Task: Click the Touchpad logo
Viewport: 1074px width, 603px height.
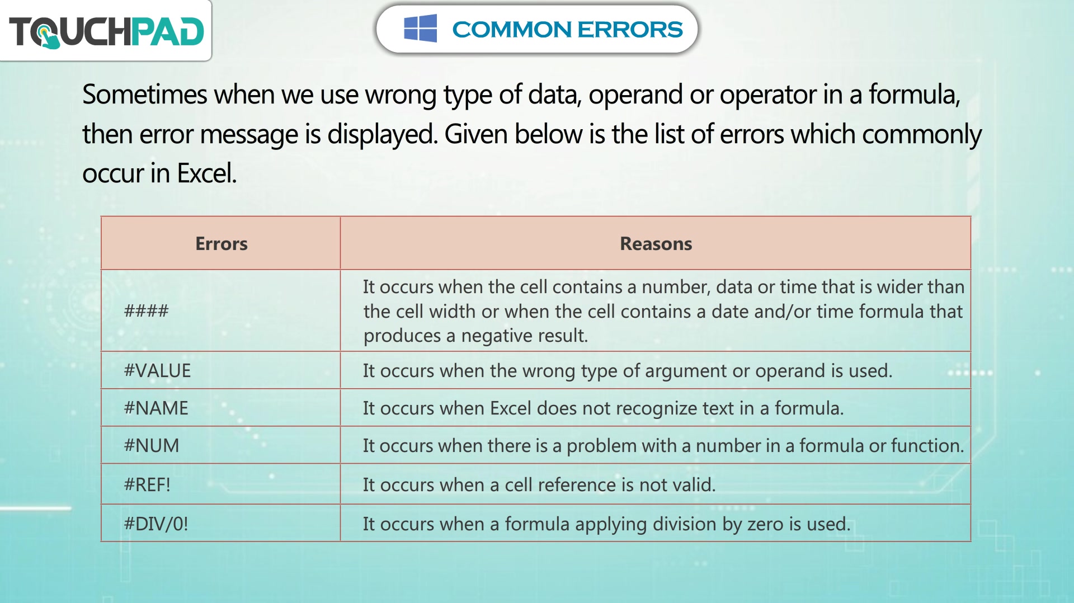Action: pos(106,31)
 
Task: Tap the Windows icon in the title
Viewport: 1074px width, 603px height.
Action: pos(420,29)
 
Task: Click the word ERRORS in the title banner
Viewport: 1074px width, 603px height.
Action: pos(630,29)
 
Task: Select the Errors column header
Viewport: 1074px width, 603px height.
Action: pos(221,244)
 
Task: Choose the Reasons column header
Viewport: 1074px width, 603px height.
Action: pos(656,244)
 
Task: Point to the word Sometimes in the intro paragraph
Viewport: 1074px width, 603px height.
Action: pos(145,94)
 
